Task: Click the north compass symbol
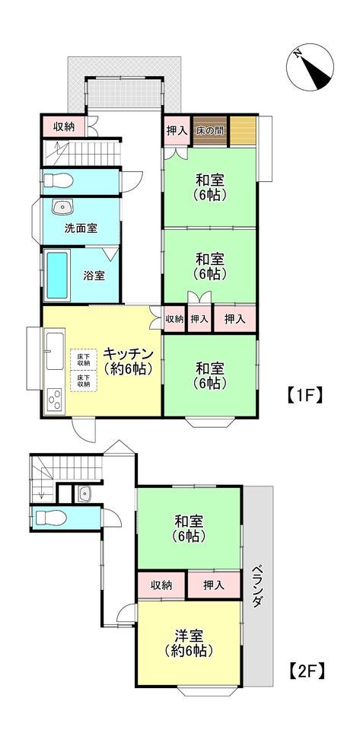click(310, 67)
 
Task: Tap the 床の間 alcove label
click(210, 130)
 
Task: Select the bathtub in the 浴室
click(57, 276)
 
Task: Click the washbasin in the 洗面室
click(62, 207)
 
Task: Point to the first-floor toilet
click(58, 181)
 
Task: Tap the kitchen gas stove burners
click(55, 399)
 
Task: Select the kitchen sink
click(55, 351)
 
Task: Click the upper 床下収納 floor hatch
click(84, 359)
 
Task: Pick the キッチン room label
click(128, 353)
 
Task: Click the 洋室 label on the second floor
click(190, 636)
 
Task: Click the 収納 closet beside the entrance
click(64, 127)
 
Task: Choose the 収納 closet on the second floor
click(161, 585)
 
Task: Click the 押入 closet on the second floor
click(214, 585)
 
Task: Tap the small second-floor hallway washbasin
click(84, 494)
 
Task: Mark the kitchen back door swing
click(84, 429)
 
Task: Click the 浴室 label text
click(94, 276)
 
